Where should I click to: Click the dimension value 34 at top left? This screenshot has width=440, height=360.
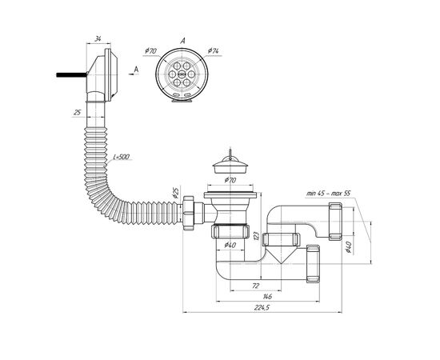[x=98, y=39]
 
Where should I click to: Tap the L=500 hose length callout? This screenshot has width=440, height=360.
[x=122, y=157]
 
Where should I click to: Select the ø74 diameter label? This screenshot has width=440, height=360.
[x=214, y=50]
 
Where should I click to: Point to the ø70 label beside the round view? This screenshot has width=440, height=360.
[x=150, y=50]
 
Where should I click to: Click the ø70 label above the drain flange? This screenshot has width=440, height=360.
[x=230, y=180]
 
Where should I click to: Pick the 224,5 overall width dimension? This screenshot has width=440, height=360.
[x=262, y=308]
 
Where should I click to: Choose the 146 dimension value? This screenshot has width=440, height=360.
[x=267, y=296]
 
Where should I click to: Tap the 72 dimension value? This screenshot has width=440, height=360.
[x=255, y=286]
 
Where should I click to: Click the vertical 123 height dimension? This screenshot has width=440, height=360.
[x=256, y=236]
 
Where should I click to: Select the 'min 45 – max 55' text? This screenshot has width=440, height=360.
[x=328, y=194]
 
